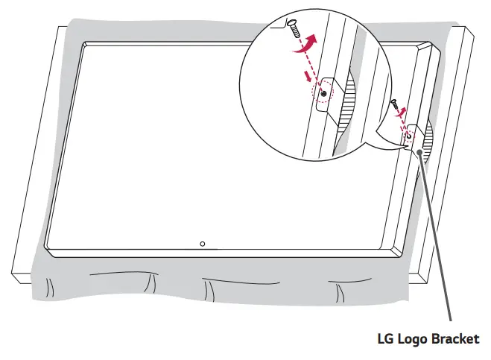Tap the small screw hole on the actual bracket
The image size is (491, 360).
(408, 136)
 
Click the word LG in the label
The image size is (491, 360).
(385, 340)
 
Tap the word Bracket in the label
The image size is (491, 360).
(456, 340)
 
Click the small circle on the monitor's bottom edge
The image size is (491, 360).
(203, 244)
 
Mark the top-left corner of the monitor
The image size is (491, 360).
(82, 43)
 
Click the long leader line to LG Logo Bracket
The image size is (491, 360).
(439, 239)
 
